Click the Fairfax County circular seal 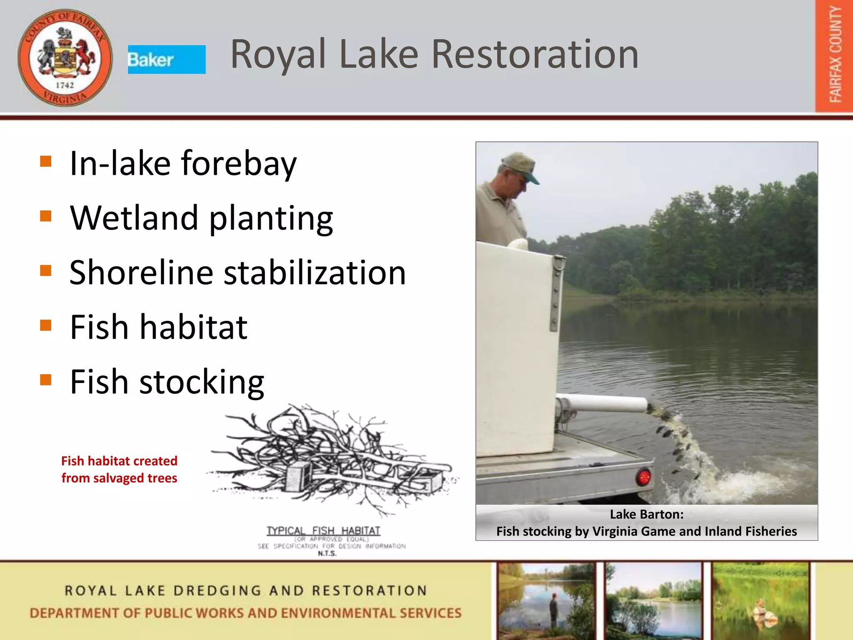point(65,57)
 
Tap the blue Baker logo point(166,60)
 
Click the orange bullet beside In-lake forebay point(46,161)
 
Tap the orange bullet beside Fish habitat point(46,325)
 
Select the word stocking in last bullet point(202,382)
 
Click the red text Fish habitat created point(119,461)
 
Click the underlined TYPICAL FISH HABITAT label point(323,531)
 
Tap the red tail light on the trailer point(643,476)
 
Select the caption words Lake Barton point(646,515)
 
